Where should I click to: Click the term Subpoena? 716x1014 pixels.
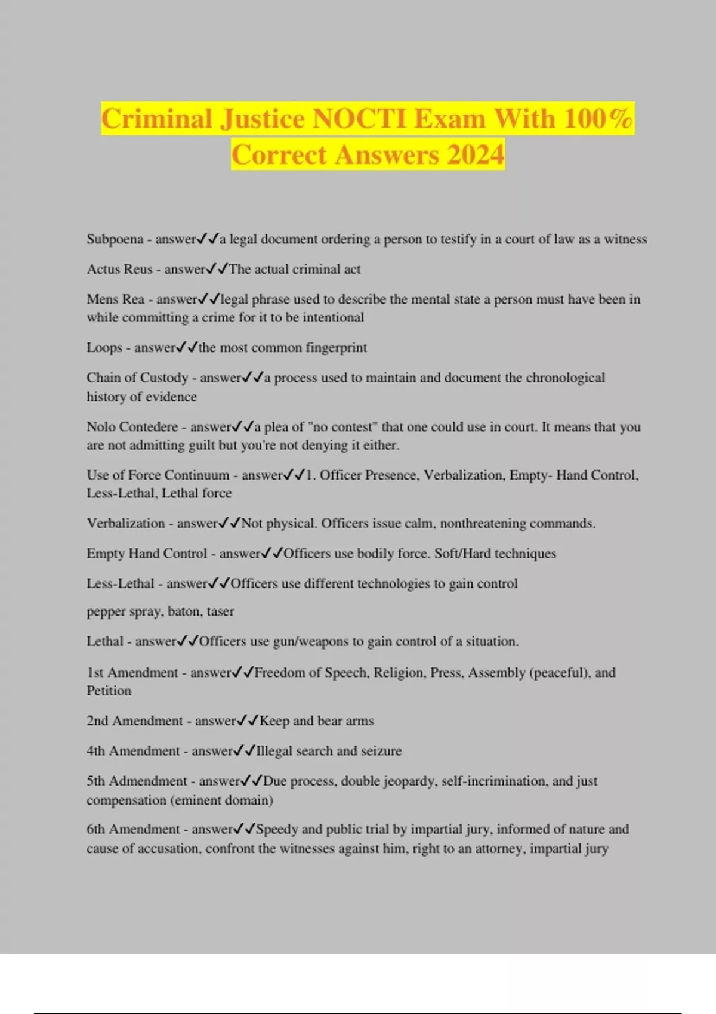point(115,239)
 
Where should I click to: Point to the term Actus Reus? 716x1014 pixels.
point(119,269)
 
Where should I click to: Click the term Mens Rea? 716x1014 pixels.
point(116,299)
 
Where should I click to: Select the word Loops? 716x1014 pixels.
point(104,347)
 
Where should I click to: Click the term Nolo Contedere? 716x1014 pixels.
point(132,426)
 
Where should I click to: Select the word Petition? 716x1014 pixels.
point(109,691)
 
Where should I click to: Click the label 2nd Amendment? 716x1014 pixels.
point(134,721)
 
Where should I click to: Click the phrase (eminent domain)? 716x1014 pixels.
point(222,800)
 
